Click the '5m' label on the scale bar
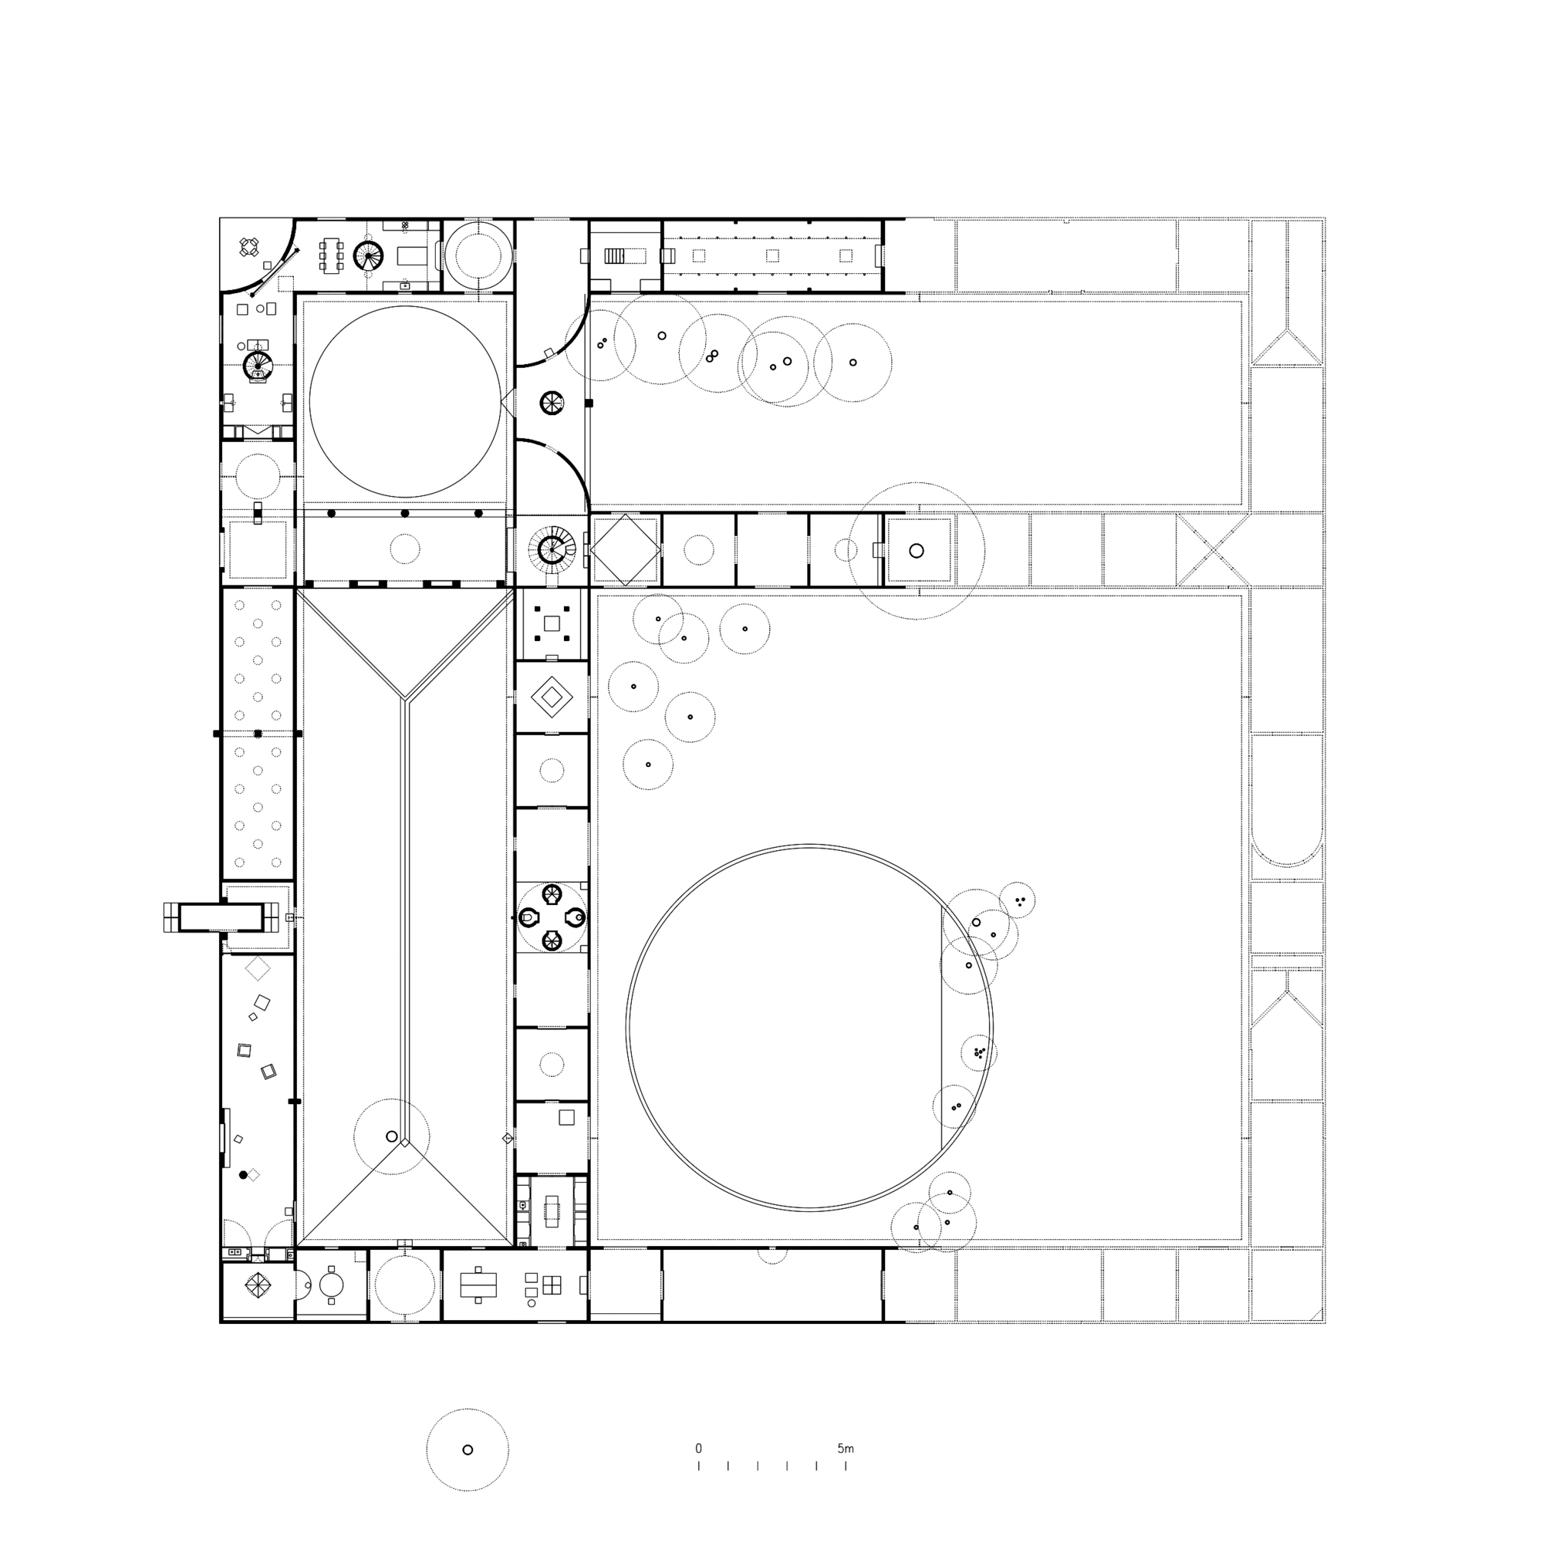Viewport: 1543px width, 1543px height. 845,1449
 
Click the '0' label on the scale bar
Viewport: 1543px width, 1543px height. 698,1449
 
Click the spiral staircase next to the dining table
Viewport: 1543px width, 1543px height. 369,255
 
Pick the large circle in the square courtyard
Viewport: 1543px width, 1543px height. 405,400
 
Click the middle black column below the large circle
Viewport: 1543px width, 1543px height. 405,514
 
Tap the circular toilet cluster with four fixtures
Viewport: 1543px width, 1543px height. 552,917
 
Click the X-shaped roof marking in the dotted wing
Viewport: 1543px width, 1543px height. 1212,550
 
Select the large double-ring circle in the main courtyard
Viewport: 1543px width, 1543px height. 809,1027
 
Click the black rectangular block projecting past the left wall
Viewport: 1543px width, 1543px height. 221,917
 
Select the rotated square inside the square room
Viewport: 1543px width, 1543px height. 625,550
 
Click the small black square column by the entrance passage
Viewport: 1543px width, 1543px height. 589,403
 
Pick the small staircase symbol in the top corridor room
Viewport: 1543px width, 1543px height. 614,255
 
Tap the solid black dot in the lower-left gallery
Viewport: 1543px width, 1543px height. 243,1175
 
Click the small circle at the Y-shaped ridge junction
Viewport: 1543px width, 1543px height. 391,1136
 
